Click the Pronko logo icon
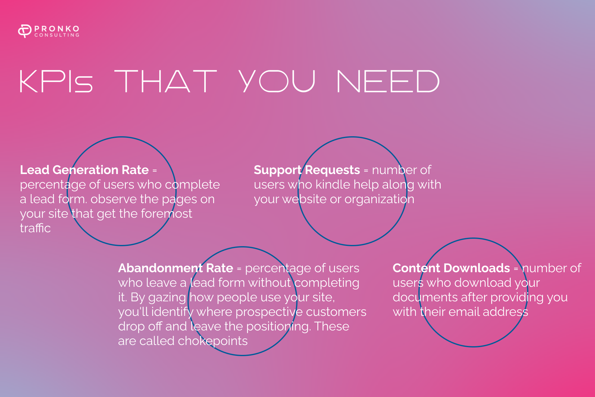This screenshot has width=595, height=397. coord(25,31)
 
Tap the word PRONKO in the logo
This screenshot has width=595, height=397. coord(57,29)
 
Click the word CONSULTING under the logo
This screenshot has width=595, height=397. coord(57,35)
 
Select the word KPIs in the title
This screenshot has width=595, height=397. coord(56,81)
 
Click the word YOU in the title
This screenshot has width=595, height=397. coord(277,81)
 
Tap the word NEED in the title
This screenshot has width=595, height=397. coord(388,81)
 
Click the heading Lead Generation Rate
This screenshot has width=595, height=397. coord(85,170)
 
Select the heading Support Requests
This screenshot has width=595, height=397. coord(307,170)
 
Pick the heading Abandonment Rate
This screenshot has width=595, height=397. coord(176,268)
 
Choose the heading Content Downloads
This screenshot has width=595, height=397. coord(451,268)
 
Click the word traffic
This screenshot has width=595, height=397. coord(35,228)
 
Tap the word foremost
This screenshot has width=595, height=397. coord(166,213)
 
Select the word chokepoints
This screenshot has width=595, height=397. coord(213,341)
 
